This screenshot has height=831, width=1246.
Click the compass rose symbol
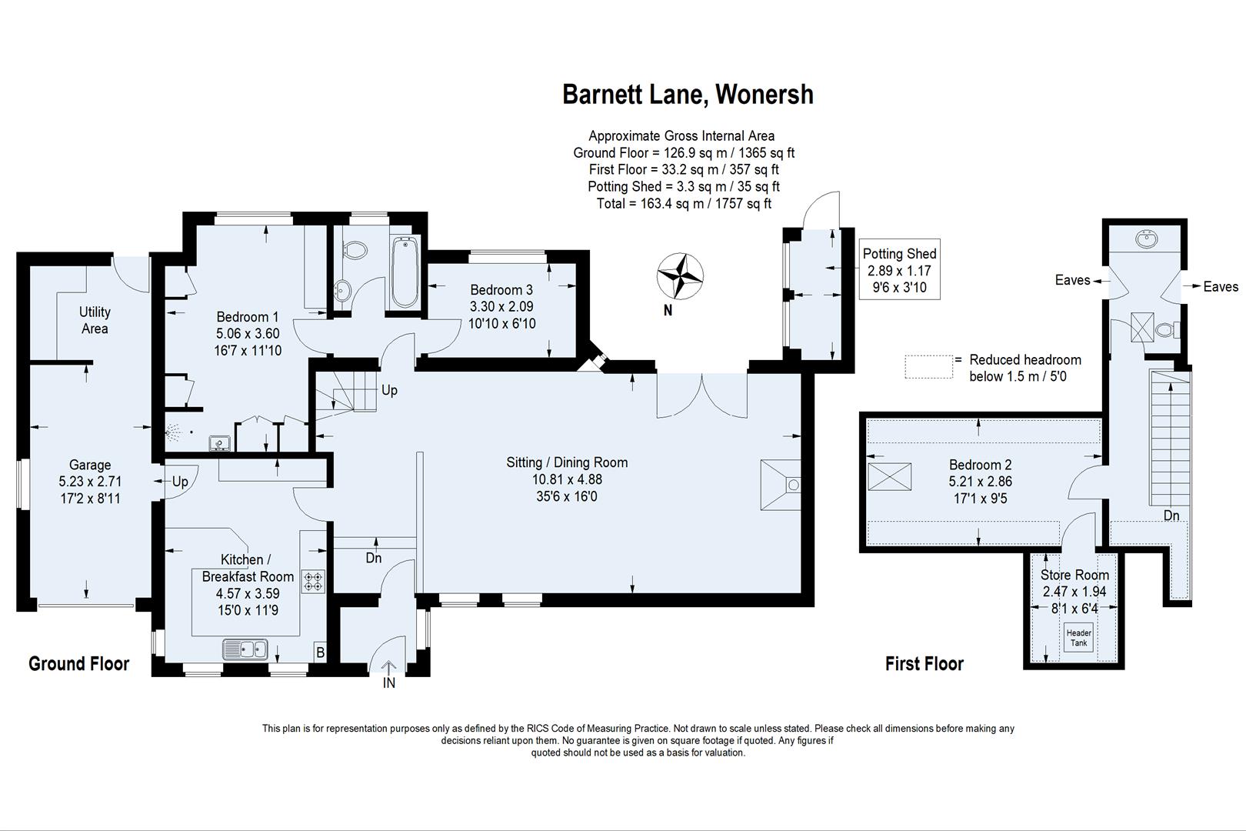[x=680, y=275]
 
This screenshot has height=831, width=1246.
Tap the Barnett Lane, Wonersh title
[x=688, y=95]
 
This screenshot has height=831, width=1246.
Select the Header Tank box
[x=1078, y=638]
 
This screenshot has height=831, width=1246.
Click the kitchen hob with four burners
[x=314, y=580]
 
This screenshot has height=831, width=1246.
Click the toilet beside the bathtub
[x=355, y=249]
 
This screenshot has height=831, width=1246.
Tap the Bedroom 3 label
[x=501, y=290]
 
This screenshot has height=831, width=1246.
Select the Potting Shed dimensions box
[x=899, y=270]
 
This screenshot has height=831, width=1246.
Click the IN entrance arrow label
[x=389, y=682]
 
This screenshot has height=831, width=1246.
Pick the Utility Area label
[x=95, y=320]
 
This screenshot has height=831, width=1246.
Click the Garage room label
[x=90, y=465]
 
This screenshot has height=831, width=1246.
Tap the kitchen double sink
[x=245, y=650]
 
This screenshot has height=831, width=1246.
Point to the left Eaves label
[x=1072, y=280]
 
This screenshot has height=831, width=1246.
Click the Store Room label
[x=1074, y=575]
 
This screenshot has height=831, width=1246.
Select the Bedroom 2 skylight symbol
[x=889, y=477]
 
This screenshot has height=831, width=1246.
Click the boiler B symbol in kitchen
[x=320, y=653]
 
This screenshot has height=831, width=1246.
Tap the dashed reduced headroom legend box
[x=928, y=366]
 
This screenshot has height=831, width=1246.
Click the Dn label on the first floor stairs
[x=1171, y=515]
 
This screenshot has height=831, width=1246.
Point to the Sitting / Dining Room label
[x=567, y=462]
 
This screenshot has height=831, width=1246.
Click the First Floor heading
[x=924, y=663]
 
